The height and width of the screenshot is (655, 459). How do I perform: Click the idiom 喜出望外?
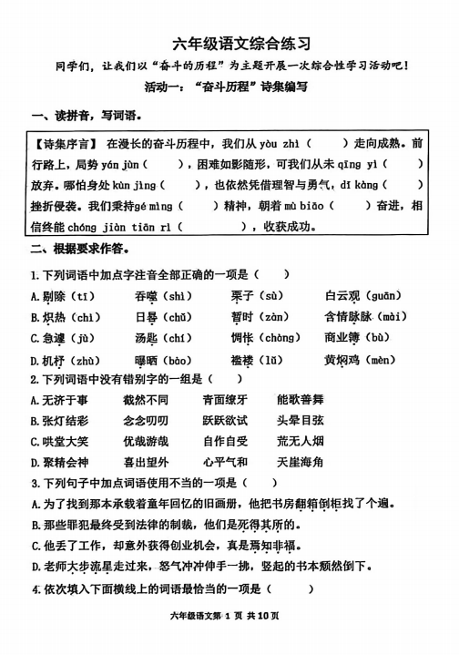[x=146, y=463]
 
